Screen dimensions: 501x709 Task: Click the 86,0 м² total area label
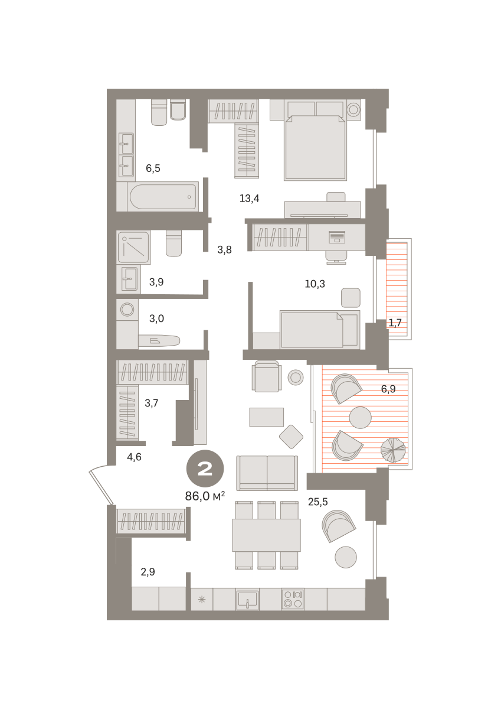coord(205,496)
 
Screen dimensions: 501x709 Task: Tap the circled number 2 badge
coord(205,469)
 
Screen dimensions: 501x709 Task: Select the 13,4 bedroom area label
coord(250,199)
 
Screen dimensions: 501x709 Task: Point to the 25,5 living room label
coord(318,502)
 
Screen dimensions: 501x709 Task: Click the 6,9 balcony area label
coord(388,389)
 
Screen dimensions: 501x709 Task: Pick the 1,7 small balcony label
coord(395,323)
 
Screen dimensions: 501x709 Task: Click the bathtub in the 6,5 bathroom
coord(163,197)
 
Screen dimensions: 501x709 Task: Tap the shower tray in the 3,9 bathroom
coord(133,247)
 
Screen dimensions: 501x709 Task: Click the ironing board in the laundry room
coord(159,341)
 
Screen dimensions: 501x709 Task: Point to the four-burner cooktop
coord(293,599)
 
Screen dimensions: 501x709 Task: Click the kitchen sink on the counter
coord(247,600)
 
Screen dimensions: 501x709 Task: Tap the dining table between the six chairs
coord(267,535)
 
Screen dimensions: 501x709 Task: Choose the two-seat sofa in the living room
coord(267,473)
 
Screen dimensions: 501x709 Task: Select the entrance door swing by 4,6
coord(100,484)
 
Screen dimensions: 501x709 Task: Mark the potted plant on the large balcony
coord(393,450)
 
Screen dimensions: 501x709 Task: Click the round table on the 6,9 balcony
coord(361,418)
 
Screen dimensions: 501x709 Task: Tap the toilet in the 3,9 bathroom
coord(174,243)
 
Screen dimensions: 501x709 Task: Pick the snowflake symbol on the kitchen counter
coord(202,600)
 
